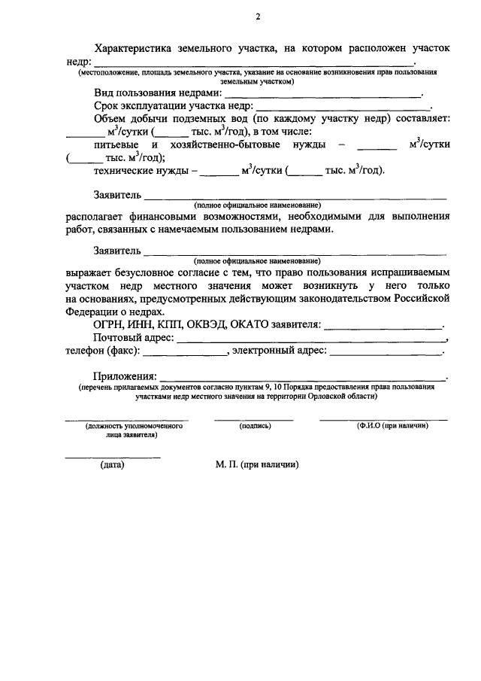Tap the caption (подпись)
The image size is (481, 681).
[x=255, y=426]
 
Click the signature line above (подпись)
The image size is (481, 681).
[x=254, y=419]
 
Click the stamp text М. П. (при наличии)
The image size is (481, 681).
[x=256, y=465]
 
